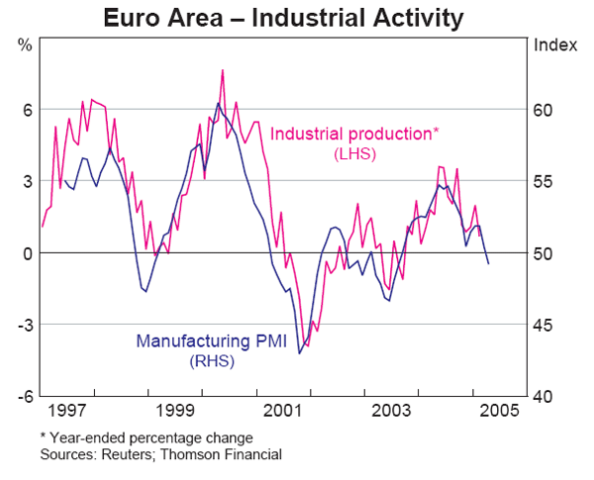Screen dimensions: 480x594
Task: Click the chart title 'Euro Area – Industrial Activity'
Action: pyautogui.click(x=297, y=17)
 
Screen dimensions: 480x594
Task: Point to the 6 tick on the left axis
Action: pyautogui.click(x=28, y=110)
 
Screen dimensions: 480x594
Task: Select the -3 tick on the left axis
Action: pyautogui.click(x=25, y=325)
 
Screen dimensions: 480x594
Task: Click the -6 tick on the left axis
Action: pyautogui.click(x=25, y=397)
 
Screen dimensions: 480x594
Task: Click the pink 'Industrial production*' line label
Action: pyautogui.click(x=353, y=133)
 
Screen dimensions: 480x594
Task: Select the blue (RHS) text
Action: pyautogui.click(x=211, y=362)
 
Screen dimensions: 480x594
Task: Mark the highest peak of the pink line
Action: pyautogui.click(x=223, y=70)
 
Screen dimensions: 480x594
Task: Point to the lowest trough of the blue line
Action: pyautogui.click(x=299, y=352)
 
